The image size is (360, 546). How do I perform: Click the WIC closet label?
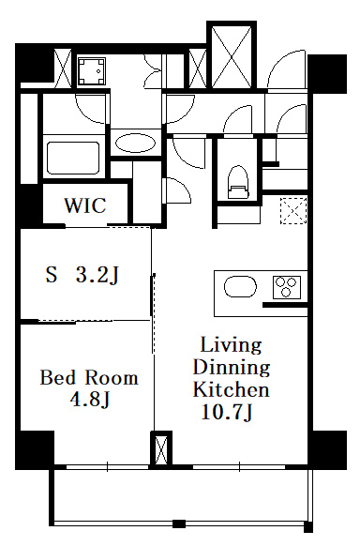pos(85,205)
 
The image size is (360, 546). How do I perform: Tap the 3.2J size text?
pos(97,275)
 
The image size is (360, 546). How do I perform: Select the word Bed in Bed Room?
pos(57,378)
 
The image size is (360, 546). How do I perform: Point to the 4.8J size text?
pos(90,400)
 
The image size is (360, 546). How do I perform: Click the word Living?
pos(231,346)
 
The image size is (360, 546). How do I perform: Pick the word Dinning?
pos(232,368)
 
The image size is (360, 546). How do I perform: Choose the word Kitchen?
pos(232,389)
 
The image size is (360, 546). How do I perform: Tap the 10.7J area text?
pos(227,413)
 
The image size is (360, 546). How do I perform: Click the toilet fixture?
pos(238,182)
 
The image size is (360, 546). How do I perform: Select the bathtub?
pos(74,157)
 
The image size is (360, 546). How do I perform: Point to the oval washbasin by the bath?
pos(135,144)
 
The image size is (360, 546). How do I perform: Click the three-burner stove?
pos(287,287)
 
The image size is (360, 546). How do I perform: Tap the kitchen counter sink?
pos(240,287)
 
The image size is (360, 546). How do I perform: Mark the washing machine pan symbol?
pos(91,71)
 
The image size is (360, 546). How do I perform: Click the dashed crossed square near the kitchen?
pos(294,210)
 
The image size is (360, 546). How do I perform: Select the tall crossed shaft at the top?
pos(232,55)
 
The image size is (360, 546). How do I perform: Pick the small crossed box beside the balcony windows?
pos(161,448)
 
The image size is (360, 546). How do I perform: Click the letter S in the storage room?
pos(52,275)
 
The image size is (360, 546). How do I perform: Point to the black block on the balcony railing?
pos(179,523)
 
